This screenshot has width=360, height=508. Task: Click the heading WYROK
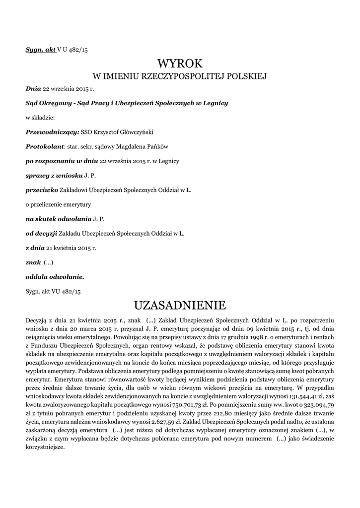click(x=180, y=63)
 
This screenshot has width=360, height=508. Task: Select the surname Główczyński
click(x=135, y=132)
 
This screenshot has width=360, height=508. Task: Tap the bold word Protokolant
click(x=45, y=147)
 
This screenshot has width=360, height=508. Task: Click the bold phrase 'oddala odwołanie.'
click(x=55, y=276)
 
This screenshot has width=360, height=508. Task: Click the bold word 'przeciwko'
click(x=42, y=190)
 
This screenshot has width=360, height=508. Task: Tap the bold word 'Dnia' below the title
click(x=33, y=89)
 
